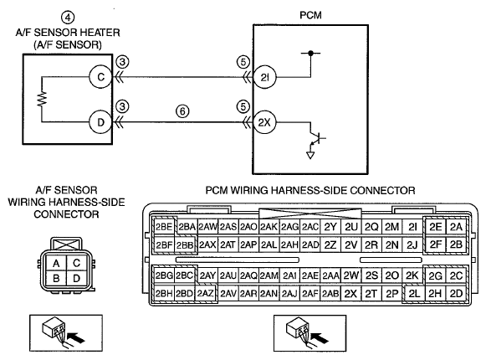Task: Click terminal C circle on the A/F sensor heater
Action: tap(100, 77)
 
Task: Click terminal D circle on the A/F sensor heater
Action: tap(100, 122)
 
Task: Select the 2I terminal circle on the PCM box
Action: tap(264, 77)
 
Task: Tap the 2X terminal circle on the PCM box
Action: tap(264, 122)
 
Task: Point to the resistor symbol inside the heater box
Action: tap(42, 100)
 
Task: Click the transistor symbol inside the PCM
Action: tap(316, 138)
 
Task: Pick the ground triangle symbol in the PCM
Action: tap(310, 155)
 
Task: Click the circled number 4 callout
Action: tap(68, 17)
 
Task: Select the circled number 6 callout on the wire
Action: tap(182, 111)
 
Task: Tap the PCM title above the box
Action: tap(310, 15)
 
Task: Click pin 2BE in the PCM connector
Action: tap(164, 227)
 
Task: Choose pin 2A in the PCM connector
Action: tap(456, 227)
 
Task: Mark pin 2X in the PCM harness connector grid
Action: tap(350, 294)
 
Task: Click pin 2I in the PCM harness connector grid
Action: tap(412, 227)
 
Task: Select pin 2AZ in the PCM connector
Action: tap(205, 294)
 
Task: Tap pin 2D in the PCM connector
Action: tap(456, 294)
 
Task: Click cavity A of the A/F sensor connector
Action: tap(56, 264)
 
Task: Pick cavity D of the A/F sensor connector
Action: tap(77, 279)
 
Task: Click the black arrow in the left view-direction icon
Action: tap(76, 337)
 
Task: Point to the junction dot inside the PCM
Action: tap(310, 53)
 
